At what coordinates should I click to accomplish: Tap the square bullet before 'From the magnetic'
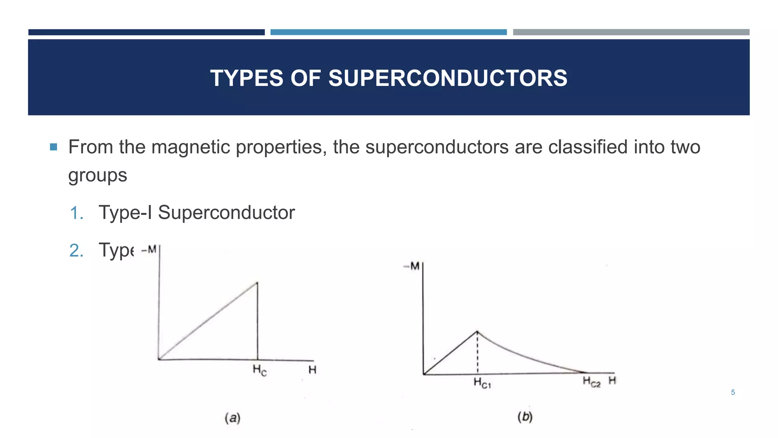pyautogui.click(x=53, y=147)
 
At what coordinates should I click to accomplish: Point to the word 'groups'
pyautogui.click(x=97, y=176)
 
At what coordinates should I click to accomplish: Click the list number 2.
pyautogui.click(x=76, y=251)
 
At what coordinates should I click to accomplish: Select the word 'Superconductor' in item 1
pyautogui.click(x=226, y=213)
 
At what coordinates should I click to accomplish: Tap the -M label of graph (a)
pyautogui.click(x=149, y=250)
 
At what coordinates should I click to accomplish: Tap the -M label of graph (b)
pyautogui.click(x=411, y=266)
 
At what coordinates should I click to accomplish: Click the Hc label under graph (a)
pyautogui.click(x=260, y=370)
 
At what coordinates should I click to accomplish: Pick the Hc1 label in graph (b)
pyautogui.click(x=482, y=383)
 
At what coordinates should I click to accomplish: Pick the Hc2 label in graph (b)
pyautogui.click(x=591, y=382)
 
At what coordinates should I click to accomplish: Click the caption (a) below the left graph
pyautogui.click(x=232, y=418)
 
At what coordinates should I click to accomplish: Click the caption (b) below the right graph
pyautogui.click(x=525, y=417)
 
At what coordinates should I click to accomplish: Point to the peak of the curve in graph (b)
pyautogui.click(x=478, y=332)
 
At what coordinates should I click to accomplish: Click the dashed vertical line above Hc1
pyautogui.click(x=478, y=354)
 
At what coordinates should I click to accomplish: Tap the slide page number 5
pyautogui.click(x=733, y=392)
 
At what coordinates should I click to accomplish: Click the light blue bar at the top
pyautogui.click(x=388, y=32)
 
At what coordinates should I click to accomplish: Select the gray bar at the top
pyautogui.click(x=631, y=32)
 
